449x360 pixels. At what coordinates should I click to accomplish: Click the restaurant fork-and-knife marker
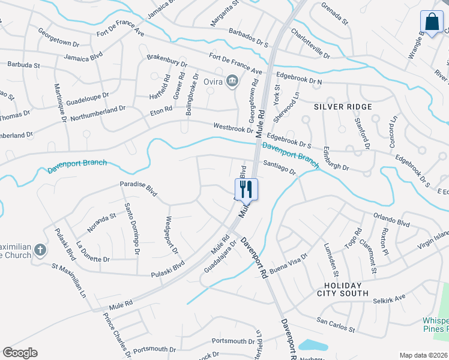coord(246,189)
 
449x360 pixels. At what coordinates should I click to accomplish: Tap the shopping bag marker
coord(432,23)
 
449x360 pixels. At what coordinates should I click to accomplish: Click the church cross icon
coord(40,249)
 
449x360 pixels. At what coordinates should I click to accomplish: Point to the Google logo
coord(20,353)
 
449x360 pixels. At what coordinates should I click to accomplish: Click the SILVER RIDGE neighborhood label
coord(343,106)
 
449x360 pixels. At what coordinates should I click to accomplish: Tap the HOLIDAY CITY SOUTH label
coord(343,289)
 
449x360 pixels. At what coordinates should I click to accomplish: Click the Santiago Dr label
coord(280,167)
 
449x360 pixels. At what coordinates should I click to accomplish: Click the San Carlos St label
coord(336,327)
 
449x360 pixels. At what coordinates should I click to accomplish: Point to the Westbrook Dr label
coord(234,128)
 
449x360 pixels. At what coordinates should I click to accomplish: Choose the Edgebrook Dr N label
coord(298,78)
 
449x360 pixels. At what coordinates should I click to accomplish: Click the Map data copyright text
coord(424,355)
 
